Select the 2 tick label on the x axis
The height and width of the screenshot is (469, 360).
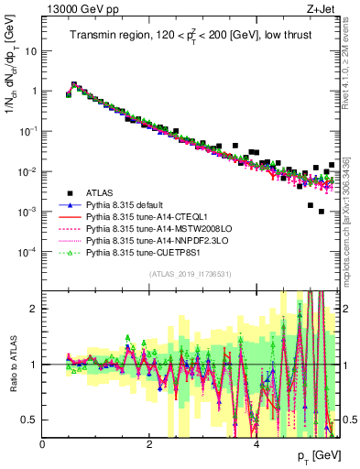coord(149,444)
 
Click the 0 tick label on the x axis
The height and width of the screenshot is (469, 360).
coord(43,444)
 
